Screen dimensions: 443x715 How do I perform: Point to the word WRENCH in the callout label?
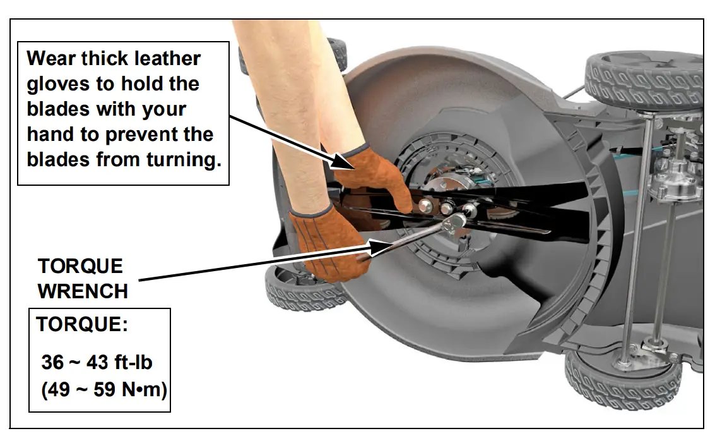(83, 291)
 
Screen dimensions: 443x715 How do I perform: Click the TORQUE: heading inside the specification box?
(82, 325)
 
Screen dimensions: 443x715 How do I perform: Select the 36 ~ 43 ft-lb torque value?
(97, 362)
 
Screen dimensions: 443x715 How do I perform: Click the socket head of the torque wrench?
(455, 222)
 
